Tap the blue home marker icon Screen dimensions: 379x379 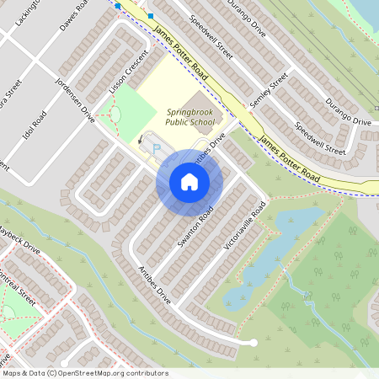189,181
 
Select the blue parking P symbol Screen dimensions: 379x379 157,148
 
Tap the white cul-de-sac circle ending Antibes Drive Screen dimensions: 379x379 253,342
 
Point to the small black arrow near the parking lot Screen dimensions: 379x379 141,141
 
